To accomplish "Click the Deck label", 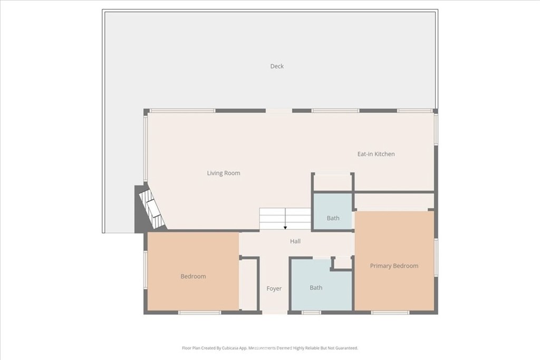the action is click(277, 66).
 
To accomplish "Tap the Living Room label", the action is click(224, 173).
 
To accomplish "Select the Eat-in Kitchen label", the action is click(376, 154).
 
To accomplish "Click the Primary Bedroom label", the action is click(394, 266).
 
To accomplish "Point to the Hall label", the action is click(295, 241).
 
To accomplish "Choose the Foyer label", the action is click(274, 288).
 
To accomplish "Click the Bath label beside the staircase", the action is click(333, 218).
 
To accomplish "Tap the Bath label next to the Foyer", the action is click(316, 287).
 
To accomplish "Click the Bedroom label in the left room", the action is click(193, 276).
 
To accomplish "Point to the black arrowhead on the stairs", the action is click(285, 228).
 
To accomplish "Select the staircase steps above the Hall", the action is click(285, 219).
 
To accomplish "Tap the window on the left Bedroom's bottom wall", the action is click(199, 313).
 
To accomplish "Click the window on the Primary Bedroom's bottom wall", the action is click(390, 313).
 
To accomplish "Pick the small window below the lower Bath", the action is click(311, 313).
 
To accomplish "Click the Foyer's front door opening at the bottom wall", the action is click(275, 313).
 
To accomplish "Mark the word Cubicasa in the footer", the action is click(230, 348).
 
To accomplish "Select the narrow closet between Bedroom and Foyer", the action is click(248, 284).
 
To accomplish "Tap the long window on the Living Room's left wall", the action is click(146, 148).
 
